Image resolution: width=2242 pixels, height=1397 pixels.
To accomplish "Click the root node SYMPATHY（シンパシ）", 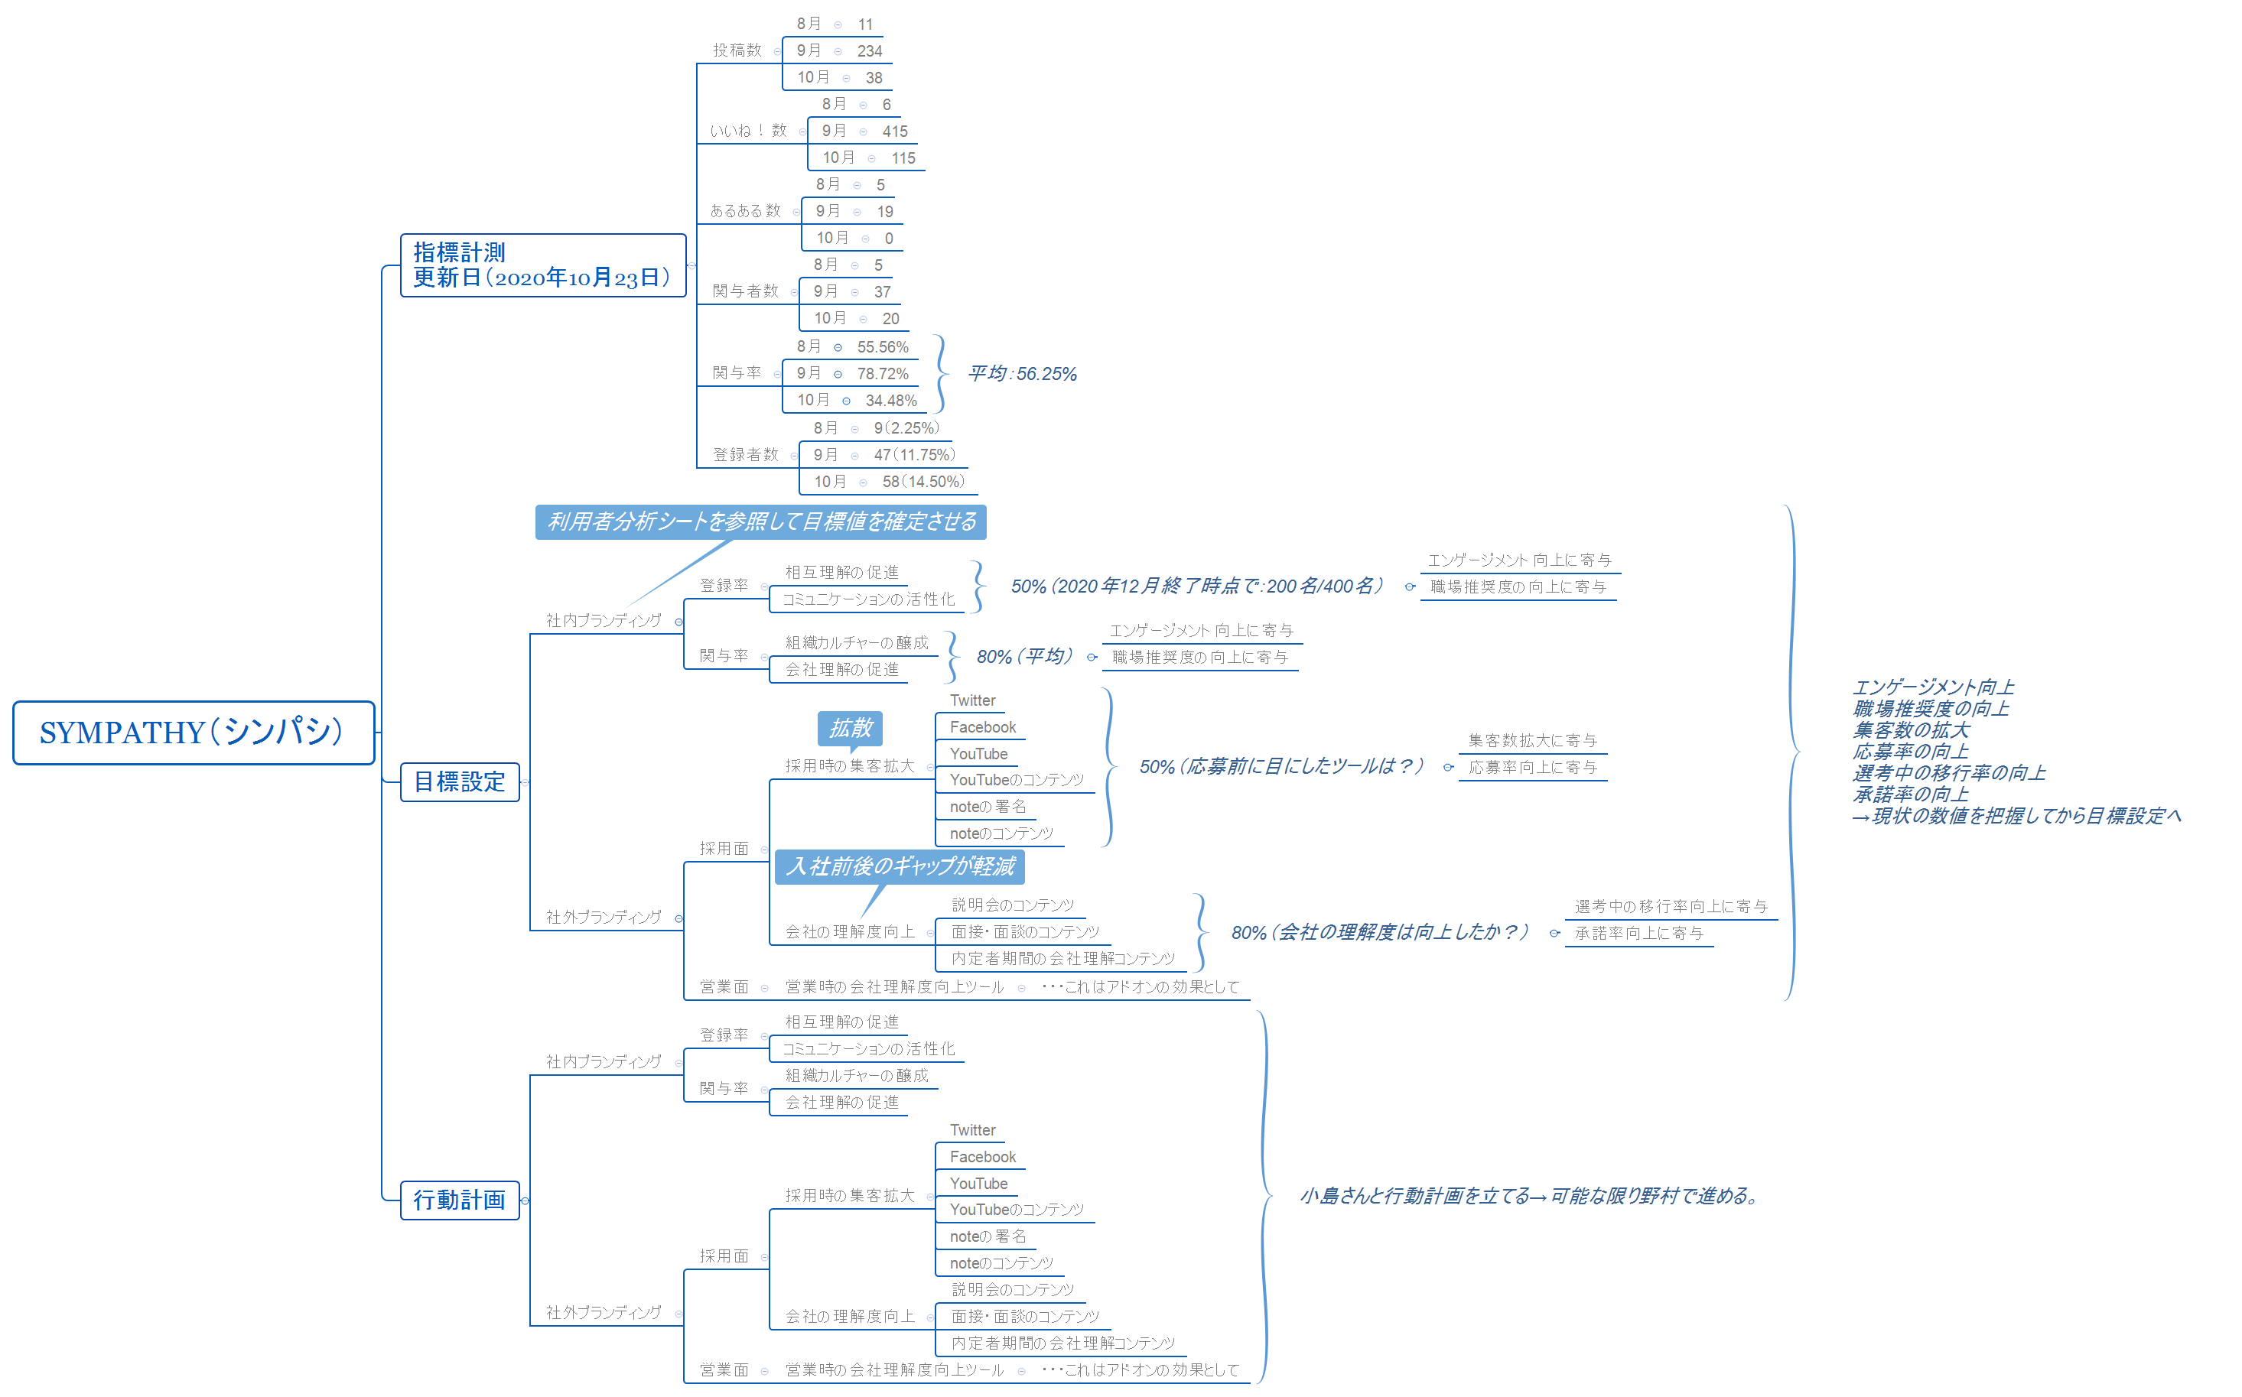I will click(192, 733).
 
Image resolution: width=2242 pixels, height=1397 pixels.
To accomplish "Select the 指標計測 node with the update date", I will click(542, 265).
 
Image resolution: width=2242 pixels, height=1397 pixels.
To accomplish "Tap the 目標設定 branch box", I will click(459, 782).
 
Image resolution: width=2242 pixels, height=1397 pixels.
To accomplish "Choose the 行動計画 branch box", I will click(459, 1200).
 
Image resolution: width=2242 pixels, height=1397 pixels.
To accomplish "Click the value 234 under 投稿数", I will click(869, 50).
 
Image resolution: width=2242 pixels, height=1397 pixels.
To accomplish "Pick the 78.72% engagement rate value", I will click(882, 373).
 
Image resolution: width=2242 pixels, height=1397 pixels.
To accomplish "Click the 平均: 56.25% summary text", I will click(1021, 373).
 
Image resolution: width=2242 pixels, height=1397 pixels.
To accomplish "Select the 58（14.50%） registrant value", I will click(923, 482).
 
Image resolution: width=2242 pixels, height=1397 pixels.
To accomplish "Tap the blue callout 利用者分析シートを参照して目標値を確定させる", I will click(760, 522).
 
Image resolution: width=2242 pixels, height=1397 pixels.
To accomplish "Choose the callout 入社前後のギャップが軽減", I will click(900, 866).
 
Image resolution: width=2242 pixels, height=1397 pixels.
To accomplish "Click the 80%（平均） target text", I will click(1024, 656).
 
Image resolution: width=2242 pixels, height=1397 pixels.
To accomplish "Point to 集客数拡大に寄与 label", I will click(1531, 740).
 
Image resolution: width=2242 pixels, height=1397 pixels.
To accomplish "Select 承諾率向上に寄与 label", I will click(1638, 933).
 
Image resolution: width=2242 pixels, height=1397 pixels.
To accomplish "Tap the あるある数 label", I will click(745, 211).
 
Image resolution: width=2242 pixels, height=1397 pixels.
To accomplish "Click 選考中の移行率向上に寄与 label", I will click(1670, 906).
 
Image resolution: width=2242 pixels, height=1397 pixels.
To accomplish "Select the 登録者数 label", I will click(745, 454).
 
